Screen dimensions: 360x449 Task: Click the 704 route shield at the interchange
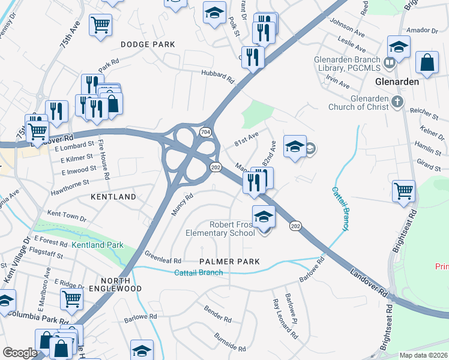tap(205, 131)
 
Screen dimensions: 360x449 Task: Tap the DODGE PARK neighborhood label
tap(148, 44)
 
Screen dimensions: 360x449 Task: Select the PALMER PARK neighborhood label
tap(230, 262)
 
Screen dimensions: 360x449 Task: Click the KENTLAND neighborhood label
tap(113, 196)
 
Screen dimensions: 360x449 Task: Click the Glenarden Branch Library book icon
tap(390, 62)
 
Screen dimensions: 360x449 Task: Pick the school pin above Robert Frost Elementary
tap(264, 217)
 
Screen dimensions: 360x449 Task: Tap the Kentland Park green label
tap(97, 245)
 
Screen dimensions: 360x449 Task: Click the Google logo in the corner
tap(20, 353)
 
